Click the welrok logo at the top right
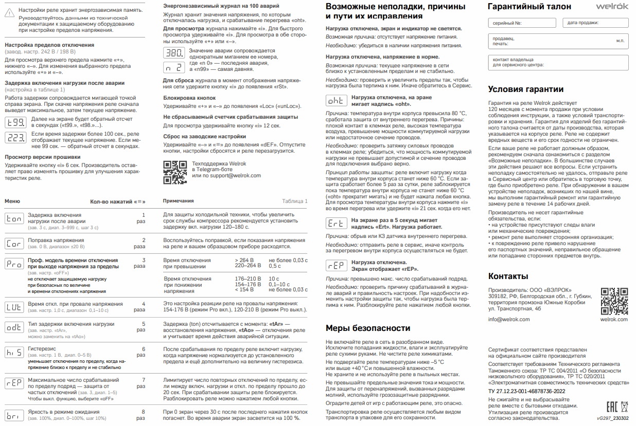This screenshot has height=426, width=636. click(612, 6)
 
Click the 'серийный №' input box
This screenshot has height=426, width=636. click(522, 23)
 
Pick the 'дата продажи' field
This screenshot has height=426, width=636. click(595, 23)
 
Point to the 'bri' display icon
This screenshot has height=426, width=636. click(14, 415)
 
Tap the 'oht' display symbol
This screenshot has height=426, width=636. click(335, 101)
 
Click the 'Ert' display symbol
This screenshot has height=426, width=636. click(335, 224)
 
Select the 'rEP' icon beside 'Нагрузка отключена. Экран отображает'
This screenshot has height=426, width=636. click(335, 265)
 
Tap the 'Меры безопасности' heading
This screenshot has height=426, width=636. click(368, 328)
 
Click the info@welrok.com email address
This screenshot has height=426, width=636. click(509, 319)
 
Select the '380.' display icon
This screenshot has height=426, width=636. click(173, 53)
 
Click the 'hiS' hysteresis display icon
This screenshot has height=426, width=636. click(14, 352)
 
